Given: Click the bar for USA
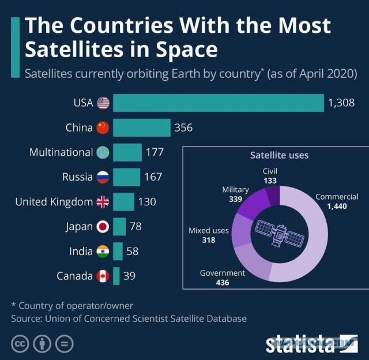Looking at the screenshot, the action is pyautogui.click(x=219, y=103).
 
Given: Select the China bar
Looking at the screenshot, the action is pyautogui.click(x=142, y=127).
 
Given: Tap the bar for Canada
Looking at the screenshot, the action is pyautogui.click(x=116, y=276).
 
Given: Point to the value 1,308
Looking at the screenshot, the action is pyautogui.click(x=341, y=103).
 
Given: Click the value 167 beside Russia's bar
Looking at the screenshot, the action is pyautogui.click(x=153, y=177).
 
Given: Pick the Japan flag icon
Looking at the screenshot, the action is pyautogui.click(x=103, y=227).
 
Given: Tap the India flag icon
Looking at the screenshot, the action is pyautogui.click(x=103, y=251).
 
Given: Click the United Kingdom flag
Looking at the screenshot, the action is pyautogui.click(x=103, y=202).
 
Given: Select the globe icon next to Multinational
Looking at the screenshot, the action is pyautogui.click(x=103, y=152).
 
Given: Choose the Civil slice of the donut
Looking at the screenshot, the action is pyautogui.click(x=273, y=196).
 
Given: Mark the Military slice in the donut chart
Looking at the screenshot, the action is pyautogui.click(x=253, y=204).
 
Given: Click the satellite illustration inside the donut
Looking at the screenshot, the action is pyautogui.click(x=280, y=234).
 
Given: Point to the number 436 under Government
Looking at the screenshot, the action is pyautogui.click(x=223, y=282).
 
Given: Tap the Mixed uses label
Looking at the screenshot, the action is pyautogui.click(x=209, y=231).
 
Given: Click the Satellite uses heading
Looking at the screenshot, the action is pyautogui.click(x=279, y=155).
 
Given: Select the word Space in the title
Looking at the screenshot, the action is pyautogui.click(x=187, y=50).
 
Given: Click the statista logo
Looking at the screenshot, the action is pyautogui.click(x=312, y=344).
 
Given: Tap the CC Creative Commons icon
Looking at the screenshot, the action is pyautogui.click(x=20, y=344).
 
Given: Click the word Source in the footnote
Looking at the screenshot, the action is pyautogui.click(x=27, y=318).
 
